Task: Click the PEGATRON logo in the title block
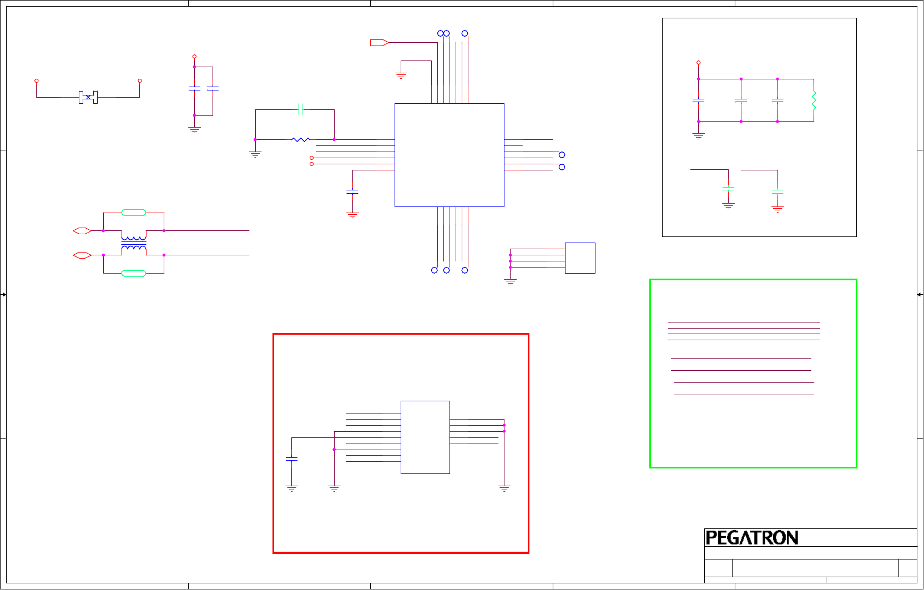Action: point(751,538)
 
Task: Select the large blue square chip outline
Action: point(449,155)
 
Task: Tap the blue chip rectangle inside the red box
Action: point(425,437)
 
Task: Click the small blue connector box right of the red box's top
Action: point(580,258)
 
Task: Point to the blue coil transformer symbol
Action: point(134,243)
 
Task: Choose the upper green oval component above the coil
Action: point(134,213)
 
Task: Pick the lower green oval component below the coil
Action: point(134,274)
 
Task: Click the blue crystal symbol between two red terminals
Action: point(88,97)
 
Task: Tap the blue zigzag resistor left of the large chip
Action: point(301,139)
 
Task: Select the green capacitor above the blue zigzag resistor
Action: point(300,109)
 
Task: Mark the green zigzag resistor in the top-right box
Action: point(814,100)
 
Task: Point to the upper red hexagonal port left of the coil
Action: point(82,231)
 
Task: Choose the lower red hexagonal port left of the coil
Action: point(82,255)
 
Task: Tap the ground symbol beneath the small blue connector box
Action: point(510,282)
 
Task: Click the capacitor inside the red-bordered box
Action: point(291,459)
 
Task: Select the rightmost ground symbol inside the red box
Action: point(504,488)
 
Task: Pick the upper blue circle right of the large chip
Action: point(562,155)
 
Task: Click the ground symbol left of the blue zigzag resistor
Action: point(255,154)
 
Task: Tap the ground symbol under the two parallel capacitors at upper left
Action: point(194,130)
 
